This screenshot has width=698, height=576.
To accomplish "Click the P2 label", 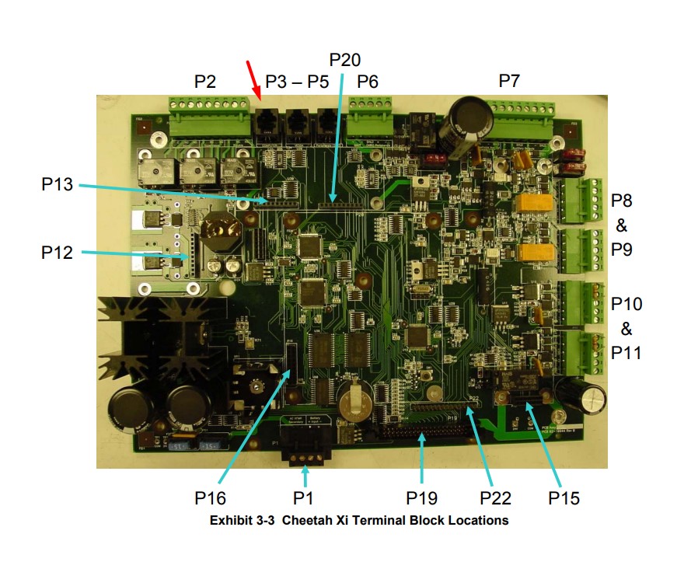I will [x=205, y=82].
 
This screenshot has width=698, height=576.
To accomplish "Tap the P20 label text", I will [x=345, y=60].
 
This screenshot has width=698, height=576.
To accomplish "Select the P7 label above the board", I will [x=509, y=82].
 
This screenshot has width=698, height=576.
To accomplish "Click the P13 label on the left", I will [x=58, y=184].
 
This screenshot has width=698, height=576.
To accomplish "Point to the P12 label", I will [x=58, y=252].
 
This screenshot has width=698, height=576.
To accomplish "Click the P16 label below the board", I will [x=210, y=497].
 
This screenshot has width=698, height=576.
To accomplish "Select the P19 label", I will [x=422, y=497].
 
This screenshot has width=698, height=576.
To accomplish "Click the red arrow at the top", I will [x=253, y=79].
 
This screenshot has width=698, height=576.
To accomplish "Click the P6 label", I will [x=368, y=82].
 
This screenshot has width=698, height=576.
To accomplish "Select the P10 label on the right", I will [x=626, y=303].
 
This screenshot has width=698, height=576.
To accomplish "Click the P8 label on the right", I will [x=621, y=201].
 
